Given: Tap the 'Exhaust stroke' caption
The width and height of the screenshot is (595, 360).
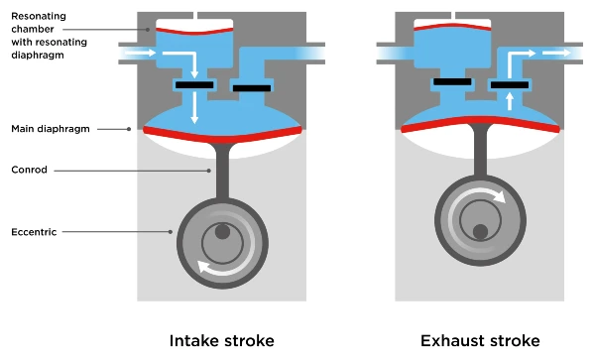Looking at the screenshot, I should point(480,341).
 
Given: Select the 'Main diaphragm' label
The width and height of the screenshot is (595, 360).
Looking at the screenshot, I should point(54,129).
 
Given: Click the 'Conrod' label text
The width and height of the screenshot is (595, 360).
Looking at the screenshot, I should point(29,171).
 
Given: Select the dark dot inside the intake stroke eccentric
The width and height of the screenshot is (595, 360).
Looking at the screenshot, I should point(222,231).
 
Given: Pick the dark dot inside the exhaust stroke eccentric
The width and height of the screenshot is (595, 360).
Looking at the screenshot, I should point(480,231).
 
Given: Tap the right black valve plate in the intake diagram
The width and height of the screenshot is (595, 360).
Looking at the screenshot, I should point(251,89).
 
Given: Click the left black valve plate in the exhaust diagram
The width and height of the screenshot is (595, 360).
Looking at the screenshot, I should point(452,80).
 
